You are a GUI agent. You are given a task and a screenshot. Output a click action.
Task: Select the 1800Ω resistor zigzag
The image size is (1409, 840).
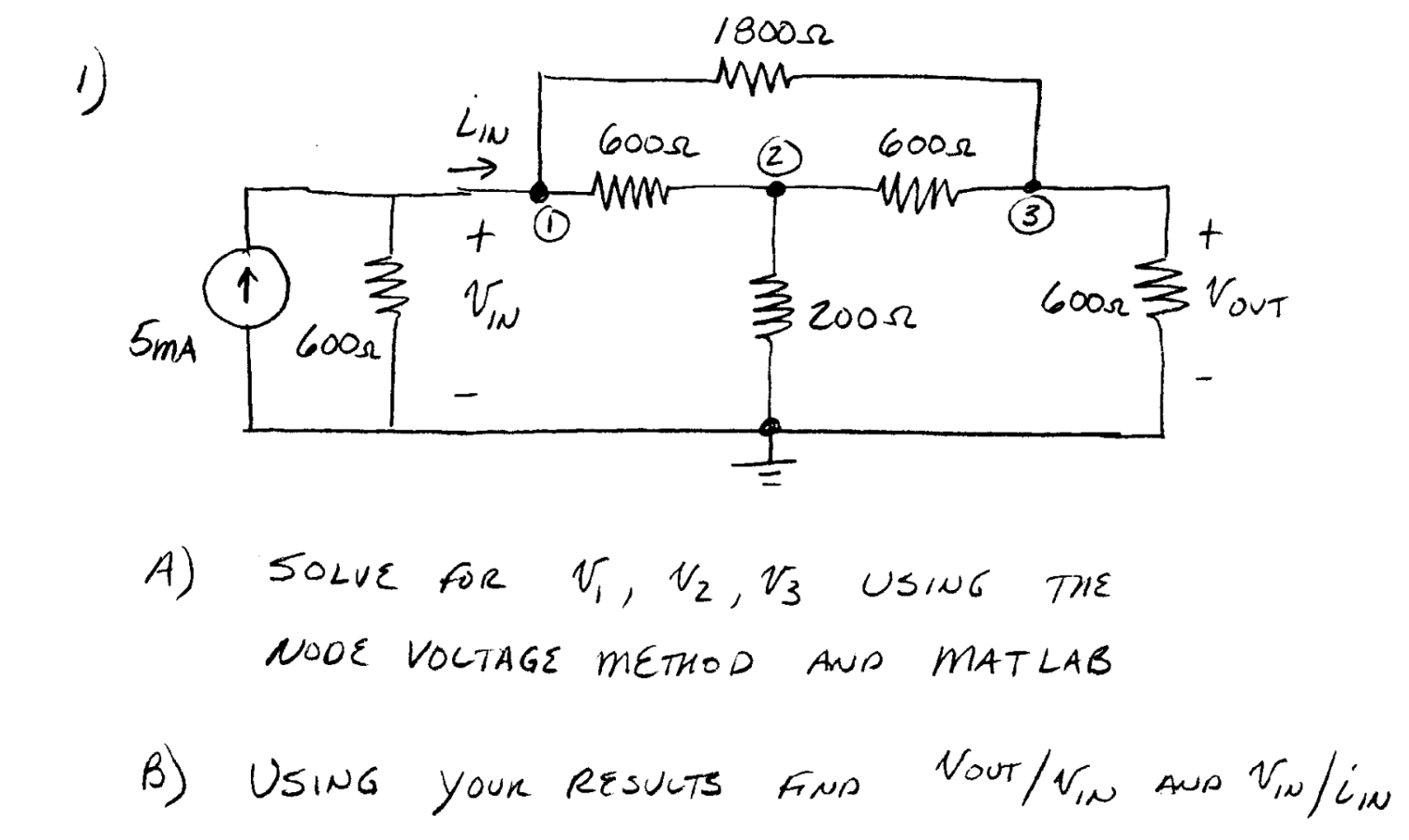[x=754, y=74]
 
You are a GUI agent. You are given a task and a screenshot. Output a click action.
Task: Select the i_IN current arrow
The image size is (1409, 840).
[x=473, y=169]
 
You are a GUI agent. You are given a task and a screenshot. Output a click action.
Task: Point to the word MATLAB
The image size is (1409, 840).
[x=1021, y=662]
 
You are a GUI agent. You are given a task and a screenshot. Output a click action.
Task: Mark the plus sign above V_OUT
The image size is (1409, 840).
[x=1210, y=234]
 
